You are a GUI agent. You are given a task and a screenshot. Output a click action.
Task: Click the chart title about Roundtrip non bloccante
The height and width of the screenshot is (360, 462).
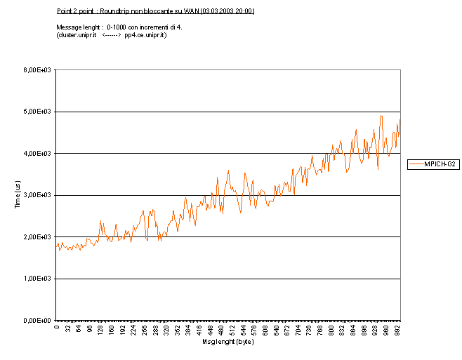tap(155, 11)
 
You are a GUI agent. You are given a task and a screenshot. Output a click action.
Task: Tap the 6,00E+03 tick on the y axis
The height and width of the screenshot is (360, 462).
tap(39, 70)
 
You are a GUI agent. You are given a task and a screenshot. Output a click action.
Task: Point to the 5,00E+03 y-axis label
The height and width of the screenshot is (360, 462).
tap(39, 112)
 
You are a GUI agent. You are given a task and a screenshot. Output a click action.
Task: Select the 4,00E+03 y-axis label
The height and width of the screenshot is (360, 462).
tap(39, 154)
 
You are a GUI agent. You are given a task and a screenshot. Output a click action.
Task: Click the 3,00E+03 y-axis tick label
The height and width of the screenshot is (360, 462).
tap(39, 195)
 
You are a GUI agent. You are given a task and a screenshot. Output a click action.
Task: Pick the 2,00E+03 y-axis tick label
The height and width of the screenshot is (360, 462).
tap(39, 237)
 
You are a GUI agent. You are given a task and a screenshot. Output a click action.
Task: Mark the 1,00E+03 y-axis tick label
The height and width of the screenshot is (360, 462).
tap(39, 279)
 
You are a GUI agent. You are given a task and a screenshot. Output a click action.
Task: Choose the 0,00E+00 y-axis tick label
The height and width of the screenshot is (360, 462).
tap(39, 321)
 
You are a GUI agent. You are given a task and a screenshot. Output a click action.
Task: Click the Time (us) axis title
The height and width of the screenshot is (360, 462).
tap(17, 195)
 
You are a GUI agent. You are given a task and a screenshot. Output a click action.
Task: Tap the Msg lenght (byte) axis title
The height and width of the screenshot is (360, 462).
tap(227, 342)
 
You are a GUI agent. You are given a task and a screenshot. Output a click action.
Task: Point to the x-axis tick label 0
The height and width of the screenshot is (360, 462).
tap(56, 327)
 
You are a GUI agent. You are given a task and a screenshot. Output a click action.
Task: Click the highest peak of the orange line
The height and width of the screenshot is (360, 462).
tap(381, 116)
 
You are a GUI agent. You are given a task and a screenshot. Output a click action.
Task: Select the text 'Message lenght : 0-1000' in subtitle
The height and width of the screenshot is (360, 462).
tap(89, 26)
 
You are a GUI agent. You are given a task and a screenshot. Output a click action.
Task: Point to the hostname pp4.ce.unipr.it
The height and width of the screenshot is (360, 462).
tap(145, 35)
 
